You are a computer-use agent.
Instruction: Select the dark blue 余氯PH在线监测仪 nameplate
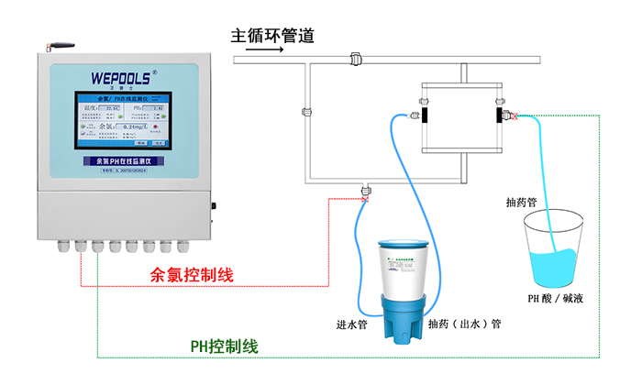tap(123, 161)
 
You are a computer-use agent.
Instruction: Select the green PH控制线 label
tap(224, 346)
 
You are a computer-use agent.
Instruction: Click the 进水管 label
tap(351, 323)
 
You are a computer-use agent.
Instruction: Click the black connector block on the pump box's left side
tap(424, 116)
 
